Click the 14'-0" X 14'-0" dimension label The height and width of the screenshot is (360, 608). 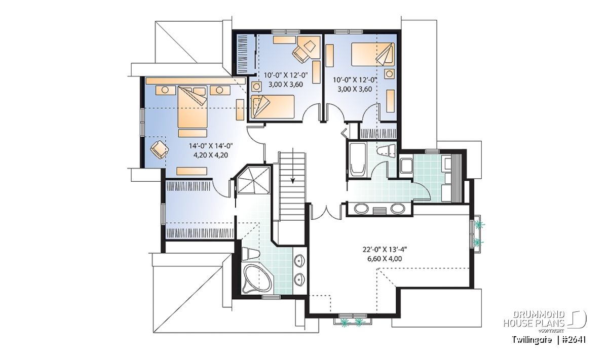(x=211, y=146)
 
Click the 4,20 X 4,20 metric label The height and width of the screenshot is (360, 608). (x=211, y=155)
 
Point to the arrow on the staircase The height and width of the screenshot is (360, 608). (x=293, y=166)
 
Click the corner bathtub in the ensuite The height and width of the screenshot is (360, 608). (x=257, y=279)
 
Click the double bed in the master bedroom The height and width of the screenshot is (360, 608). (x=193, y=107)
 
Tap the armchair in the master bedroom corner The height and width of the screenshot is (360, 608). (x=159, y=149)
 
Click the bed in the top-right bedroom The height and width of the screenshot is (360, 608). (x=373, y=54)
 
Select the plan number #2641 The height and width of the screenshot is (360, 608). (x=574, y=340)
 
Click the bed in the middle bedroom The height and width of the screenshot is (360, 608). (x=273, y=107)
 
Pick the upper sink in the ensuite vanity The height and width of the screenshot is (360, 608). (x=299, y=260)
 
